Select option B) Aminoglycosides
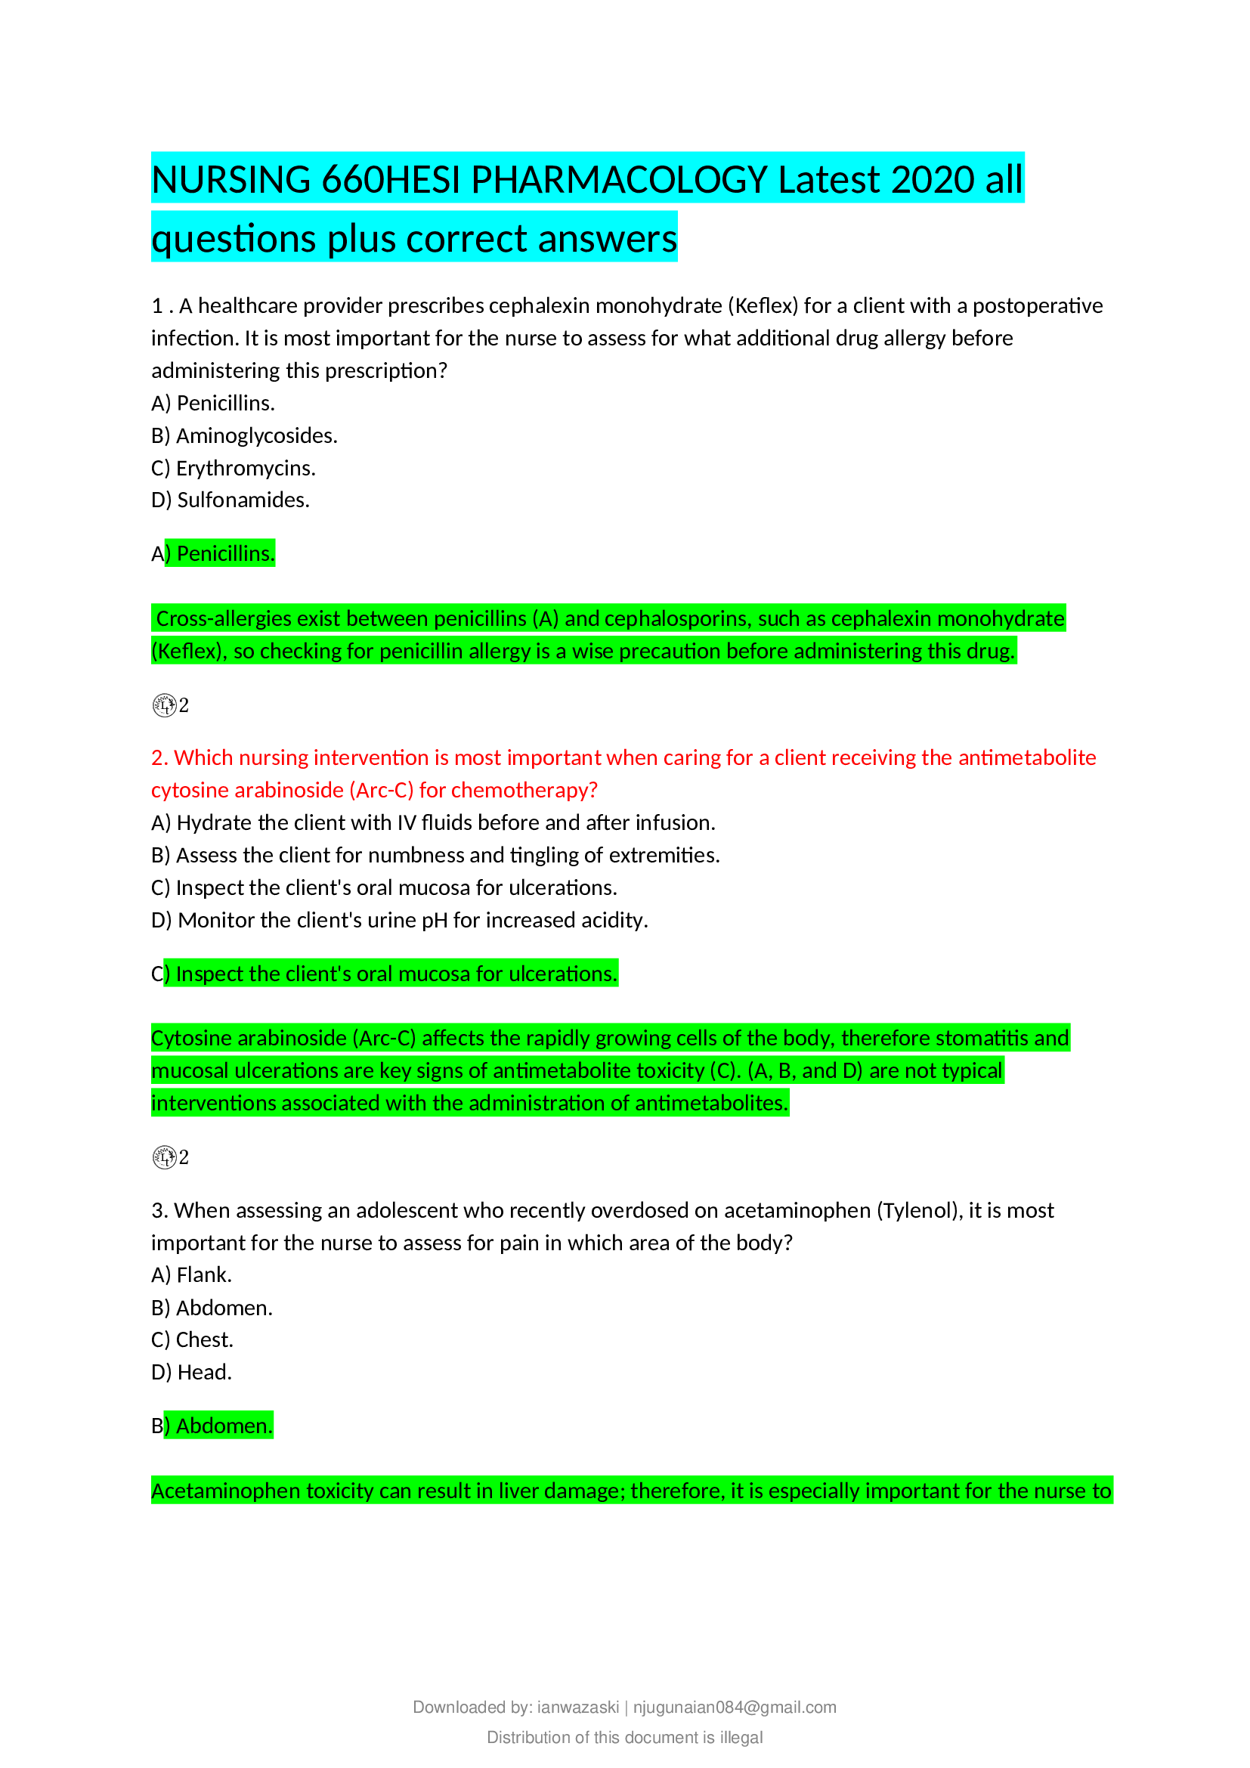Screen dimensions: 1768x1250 244,436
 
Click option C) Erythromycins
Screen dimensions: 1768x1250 234,468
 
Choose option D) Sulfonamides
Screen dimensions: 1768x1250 231,500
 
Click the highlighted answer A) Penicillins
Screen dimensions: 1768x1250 213,553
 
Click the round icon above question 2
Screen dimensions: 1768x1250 164,705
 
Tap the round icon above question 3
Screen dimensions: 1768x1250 164,1157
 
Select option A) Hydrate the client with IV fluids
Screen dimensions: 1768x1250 432,823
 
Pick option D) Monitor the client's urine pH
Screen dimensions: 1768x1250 399,920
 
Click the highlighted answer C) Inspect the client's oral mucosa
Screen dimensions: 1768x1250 385,974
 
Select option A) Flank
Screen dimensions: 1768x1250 192,1275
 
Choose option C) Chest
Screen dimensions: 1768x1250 193,1340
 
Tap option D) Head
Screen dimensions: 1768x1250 192,1372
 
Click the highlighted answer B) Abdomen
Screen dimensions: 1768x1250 212,1426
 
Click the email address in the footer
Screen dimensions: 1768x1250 735,1708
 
